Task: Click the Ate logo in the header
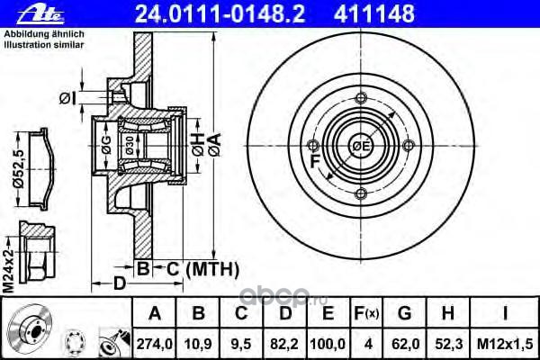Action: point(40,15)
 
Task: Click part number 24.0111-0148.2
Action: point(220,13)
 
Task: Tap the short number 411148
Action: point(374,13)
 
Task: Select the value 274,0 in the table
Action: point(155,344)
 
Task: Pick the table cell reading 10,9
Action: point(198,344)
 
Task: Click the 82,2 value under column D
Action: point(284,344)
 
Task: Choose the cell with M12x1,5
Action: point(505,344)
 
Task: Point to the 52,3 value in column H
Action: point(448,344)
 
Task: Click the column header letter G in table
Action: point(405,313)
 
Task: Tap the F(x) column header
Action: point(366,313)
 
